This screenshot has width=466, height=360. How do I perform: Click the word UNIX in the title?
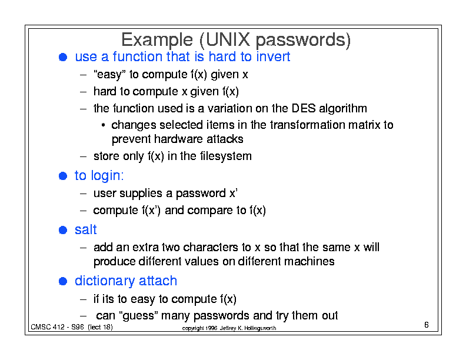point(228,39)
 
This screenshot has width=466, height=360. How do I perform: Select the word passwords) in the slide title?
point(303,40)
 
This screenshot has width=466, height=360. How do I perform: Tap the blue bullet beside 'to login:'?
point(63,176)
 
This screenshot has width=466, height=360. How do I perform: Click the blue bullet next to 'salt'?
point(63,230)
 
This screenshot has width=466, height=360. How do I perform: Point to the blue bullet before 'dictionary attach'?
point(63,281)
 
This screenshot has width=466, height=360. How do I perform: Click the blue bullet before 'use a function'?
point(63,57)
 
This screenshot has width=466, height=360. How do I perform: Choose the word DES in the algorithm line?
point(304,108)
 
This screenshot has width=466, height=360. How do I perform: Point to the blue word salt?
point(85,229)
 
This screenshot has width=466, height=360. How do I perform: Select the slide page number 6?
point(427,325)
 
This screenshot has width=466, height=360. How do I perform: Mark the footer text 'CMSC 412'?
point(48,327)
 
